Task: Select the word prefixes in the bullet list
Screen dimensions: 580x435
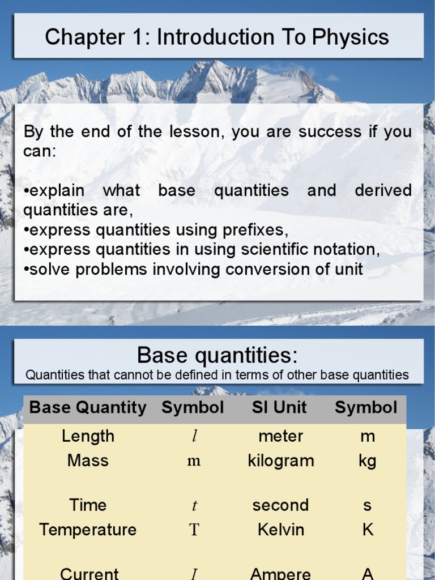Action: tap(255, 230)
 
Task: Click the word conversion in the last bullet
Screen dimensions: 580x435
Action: tap(269, 269)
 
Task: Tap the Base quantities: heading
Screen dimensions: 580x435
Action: tap(217, 356)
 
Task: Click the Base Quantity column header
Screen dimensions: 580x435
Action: tap(88, 408)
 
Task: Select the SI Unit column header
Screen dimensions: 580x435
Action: tap(280, 408)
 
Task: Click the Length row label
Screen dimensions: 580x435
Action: tap(88, 436)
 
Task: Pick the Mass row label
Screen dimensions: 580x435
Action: tap(88, 460)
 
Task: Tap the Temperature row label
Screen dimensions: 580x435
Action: tap(88, 530)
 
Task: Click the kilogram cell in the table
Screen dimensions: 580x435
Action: tap(280, 460)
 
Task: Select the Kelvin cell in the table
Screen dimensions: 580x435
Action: tap(280, 530)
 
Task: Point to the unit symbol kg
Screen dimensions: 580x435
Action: tap(367, 461)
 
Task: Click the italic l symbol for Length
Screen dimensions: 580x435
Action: tap(194, 437)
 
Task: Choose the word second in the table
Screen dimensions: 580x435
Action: tap(280, 505)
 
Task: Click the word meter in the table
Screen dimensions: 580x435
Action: tap(280, 436)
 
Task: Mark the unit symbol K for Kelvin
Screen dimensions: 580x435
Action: tap(367, 530)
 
